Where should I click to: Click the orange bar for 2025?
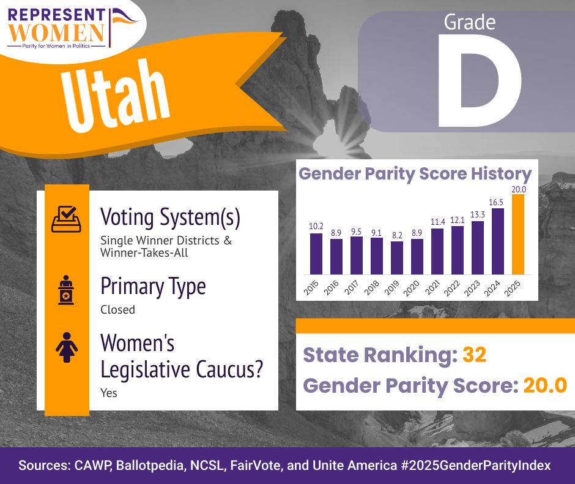(x=518, y=234)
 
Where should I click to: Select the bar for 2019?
(x=397, y=258)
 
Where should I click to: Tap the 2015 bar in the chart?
(x=316, y=254)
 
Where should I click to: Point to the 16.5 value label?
(x=496, y=202)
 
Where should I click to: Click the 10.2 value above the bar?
(x=316, y=226)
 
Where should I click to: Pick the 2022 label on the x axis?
(x=452, y=289)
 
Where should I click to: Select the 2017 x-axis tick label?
(x=351, y=287)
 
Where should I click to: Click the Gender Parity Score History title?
(x=415, y=174)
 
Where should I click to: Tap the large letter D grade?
(x=480, y=81)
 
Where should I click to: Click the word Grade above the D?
(x=470, y=22)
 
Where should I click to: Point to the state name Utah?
(x=116, y=95)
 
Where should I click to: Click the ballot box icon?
(x=67, y=219)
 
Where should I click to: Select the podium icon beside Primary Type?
(x=66, y=290)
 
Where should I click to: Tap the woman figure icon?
(x=67, y=347)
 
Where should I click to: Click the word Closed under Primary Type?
(x=117, y=309)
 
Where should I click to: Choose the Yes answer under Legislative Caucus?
(x=109, y=393)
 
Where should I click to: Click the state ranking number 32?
(x=475, y=355)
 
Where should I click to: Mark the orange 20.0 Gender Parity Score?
(x=545, y=385)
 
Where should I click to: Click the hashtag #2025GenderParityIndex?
(x=476, y=465)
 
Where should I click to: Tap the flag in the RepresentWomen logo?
(x=123, y=22)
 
